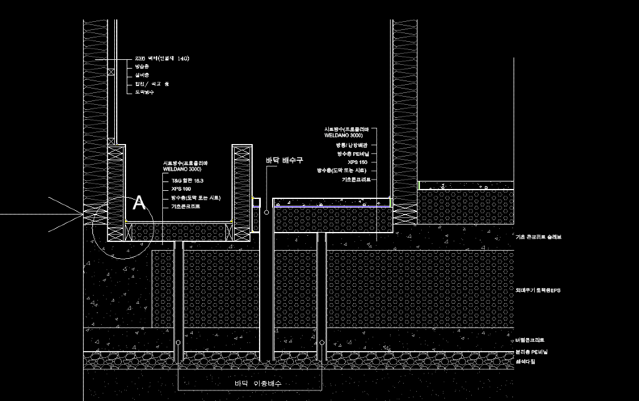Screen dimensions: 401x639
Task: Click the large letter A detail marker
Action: [x=139, y=203]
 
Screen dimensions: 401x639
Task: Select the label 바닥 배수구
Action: [x=284, y=160]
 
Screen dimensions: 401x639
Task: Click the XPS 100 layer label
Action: [x=181, y=188]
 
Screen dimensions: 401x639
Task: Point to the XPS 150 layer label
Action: [x=358, y=162]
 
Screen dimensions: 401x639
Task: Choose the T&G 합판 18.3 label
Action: [x=187, y=180]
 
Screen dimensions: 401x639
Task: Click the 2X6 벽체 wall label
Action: [x=162, y=58]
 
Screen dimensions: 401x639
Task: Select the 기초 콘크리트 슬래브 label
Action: [x=539, y=237]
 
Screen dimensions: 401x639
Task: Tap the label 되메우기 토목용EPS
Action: [x=538, y=290]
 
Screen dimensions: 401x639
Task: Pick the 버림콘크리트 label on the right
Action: [x=530, y=340]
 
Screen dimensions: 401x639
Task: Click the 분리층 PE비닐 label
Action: [x=531, y=352]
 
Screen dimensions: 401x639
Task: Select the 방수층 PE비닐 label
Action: [x=353, y=153]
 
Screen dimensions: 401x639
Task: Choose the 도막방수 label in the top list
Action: [x=144, y=92]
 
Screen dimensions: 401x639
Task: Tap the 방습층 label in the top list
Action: [x=142, y=66]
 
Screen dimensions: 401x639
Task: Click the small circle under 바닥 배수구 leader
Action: [x=266, y=213]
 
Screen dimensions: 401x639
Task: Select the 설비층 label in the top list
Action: [x=142, y=75]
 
